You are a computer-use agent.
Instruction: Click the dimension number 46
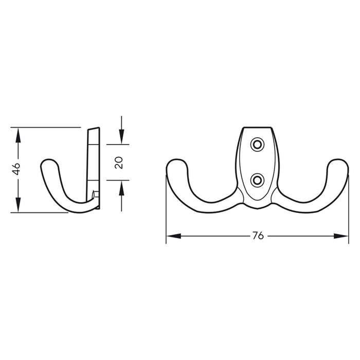[17, 169]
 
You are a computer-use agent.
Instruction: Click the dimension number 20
[119, 163]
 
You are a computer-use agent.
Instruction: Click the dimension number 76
[258, 236]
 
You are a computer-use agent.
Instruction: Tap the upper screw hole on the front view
[256, 145]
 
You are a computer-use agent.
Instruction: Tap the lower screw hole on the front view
[256, 179]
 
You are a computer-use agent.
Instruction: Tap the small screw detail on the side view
[94, 194]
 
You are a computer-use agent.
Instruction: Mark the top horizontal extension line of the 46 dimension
[46, 127]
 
